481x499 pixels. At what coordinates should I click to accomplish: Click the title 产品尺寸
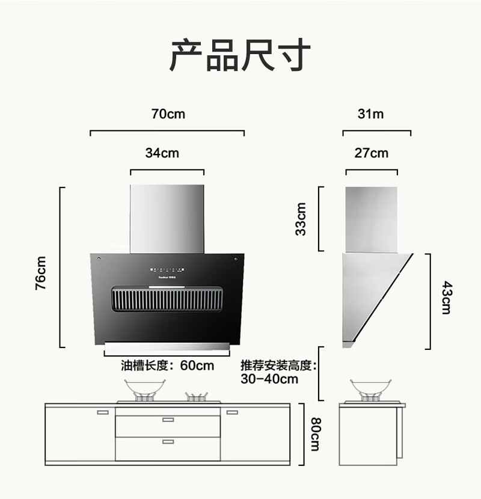click(x=240, y=55)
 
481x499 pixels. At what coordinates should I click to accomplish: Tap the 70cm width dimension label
click(x=168, y=114)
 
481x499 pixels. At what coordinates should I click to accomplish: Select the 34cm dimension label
click(x=162, y=153)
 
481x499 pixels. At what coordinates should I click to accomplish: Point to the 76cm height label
click(x=40, y=273)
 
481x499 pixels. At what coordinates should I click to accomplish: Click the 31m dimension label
click(x=370, y=114)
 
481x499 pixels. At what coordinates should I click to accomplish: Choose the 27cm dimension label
click(x=372, y=153)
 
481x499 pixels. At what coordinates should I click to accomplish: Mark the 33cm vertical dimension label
click(x=301, y=219)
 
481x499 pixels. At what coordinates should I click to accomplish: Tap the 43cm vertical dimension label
click(x=446, y=298)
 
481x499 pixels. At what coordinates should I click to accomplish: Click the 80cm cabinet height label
click(x=316, y=434)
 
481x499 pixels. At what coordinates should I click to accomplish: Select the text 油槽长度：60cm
click(x=167, y=366)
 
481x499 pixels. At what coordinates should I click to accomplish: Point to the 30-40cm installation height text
click(x=269, y=379)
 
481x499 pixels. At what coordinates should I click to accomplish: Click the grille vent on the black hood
click(x=167, y=299)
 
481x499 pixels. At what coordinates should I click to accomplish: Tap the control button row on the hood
click(x=167, y=270)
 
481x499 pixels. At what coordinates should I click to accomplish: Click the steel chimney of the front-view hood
click(x=167, y=219)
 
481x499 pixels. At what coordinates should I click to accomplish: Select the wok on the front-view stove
click(x=145, y=389)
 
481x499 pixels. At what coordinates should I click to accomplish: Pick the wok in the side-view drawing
click(x=370, y=389)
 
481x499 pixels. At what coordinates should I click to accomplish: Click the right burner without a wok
click(x=197, y=397)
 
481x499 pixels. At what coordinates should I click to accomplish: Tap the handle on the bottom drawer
click(x=168, y=442)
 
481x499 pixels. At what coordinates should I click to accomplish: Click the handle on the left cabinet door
click(x=103, y=412)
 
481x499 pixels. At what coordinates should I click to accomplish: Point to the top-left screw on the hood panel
click(x=99, y=259)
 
